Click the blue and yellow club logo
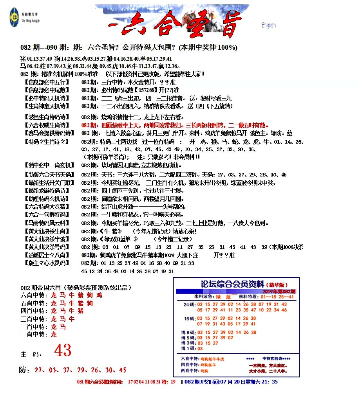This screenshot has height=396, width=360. [x=14, y=17]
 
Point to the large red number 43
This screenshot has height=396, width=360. [x=63, y=351]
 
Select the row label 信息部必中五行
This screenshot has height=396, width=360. [x=47, y=82]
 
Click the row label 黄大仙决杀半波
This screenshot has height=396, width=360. [x=47, y=239]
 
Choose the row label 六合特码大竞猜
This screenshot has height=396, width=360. [x=47, y=207]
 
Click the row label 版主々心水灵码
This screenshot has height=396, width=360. [x=47, y=263]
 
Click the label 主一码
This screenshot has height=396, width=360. [x=31, y=355]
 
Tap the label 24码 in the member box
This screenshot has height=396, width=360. [x=189, y=304]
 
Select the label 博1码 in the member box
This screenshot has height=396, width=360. [x=186, y=348]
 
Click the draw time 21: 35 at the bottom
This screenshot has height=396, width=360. [x=270, y=382]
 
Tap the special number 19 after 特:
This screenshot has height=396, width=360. [x=173, y=382]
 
